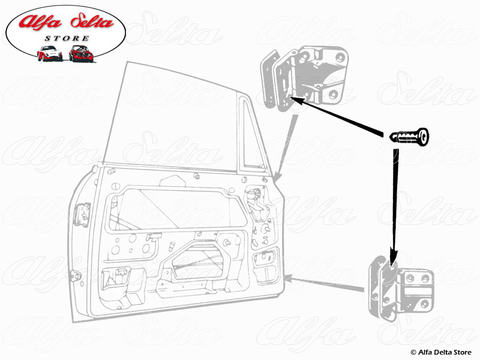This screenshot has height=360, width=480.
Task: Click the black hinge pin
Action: tap(409, 137)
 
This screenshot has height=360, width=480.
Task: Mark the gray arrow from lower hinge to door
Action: tap(327, 283)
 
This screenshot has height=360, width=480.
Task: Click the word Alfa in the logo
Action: tap(42, 23)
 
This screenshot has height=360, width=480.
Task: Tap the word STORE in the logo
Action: tap(67, 38)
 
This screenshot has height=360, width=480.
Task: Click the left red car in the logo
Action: tap(49, 53)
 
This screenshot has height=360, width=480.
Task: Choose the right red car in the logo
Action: tap(80, 53)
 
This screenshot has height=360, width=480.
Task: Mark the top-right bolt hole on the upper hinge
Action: tap(341, 58)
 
